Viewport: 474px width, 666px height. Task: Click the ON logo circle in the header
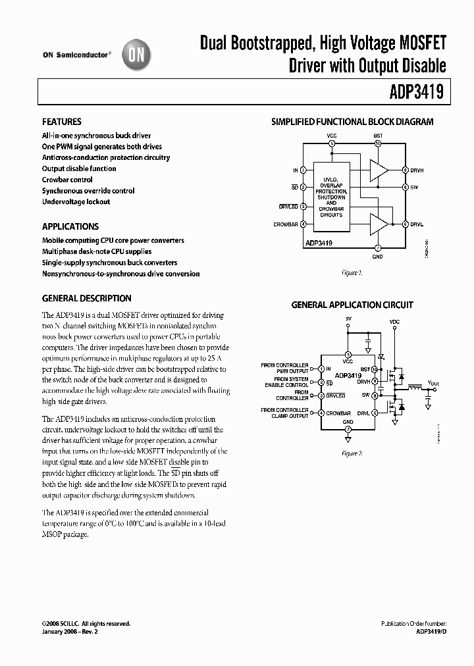click(137, 56)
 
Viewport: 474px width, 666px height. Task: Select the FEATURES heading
click(62, 122)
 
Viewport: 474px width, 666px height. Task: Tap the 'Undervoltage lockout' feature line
click(76, 202)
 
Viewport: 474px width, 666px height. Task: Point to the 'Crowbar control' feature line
click(67, 180)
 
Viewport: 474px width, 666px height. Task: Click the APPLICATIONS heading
click(70, 226)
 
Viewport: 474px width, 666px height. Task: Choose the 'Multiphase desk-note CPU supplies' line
click(97, 251)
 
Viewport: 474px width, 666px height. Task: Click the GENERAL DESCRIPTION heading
click(87, 298)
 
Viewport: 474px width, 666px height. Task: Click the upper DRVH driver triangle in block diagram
click(379, 170)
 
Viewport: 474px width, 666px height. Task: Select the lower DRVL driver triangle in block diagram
click(379, 224)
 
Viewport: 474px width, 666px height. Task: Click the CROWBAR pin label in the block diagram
click(286, 224)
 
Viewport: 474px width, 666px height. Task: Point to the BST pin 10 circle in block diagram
click(378, 143)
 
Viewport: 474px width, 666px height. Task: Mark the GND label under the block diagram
click(377, 257)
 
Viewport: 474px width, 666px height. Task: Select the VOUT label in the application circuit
click(433, 382)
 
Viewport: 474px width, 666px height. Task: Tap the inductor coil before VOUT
click(415, 388)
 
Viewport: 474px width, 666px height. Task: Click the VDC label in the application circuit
click(394, 322)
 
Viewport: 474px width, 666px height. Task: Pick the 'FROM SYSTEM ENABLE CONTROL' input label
click(290, 382)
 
